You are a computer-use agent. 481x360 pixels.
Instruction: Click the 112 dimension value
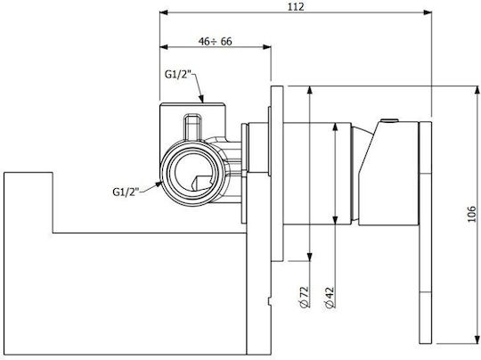[x=296, y=7]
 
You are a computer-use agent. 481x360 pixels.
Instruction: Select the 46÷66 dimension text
[x=215, y=41]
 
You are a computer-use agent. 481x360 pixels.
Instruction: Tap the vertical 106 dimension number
[x=472, y=214]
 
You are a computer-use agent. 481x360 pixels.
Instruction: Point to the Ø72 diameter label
[x=304, y=297]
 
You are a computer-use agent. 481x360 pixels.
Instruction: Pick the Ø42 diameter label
[x=330, y=297]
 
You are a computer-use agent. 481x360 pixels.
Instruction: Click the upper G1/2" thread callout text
[x=178, y=74]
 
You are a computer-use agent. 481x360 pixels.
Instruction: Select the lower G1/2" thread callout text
[x=126, y=192]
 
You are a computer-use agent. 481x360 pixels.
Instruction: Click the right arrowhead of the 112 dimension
[x=428, y=12]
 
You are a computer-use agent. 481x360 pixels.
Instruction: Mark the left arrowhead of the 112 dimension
[x=164, y=12]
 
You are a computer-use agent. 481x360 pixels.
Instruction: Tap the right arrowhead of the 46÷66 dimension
[x=267, y=47]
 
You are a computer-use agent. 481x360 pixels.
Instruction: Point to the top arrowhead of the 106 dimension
[x=477, y=91]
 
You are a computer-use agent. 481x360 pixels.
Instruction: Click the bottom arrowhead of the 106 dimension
[x=477, y=340]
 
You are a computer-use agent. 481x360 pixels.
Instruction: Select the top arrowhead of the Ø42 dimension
[x=335, y=127]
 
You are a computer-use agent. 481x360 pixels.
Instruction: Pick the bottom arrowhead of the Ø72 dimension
[x=310, y=257]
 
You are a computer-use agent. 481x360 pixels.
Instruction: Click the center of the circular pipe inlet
[x=192, y=172]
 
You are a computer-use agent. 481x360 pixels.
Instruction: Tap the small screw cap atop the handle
[x=389, y=120]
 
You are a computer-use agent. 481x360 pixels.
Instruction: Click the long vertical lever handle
[x=426, y=233]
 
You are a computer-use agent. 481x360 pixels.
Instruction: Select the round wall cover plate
[x=277, y=174]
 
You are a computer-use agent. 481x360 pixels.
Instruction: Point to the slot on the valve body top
[x=192, y=127]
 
